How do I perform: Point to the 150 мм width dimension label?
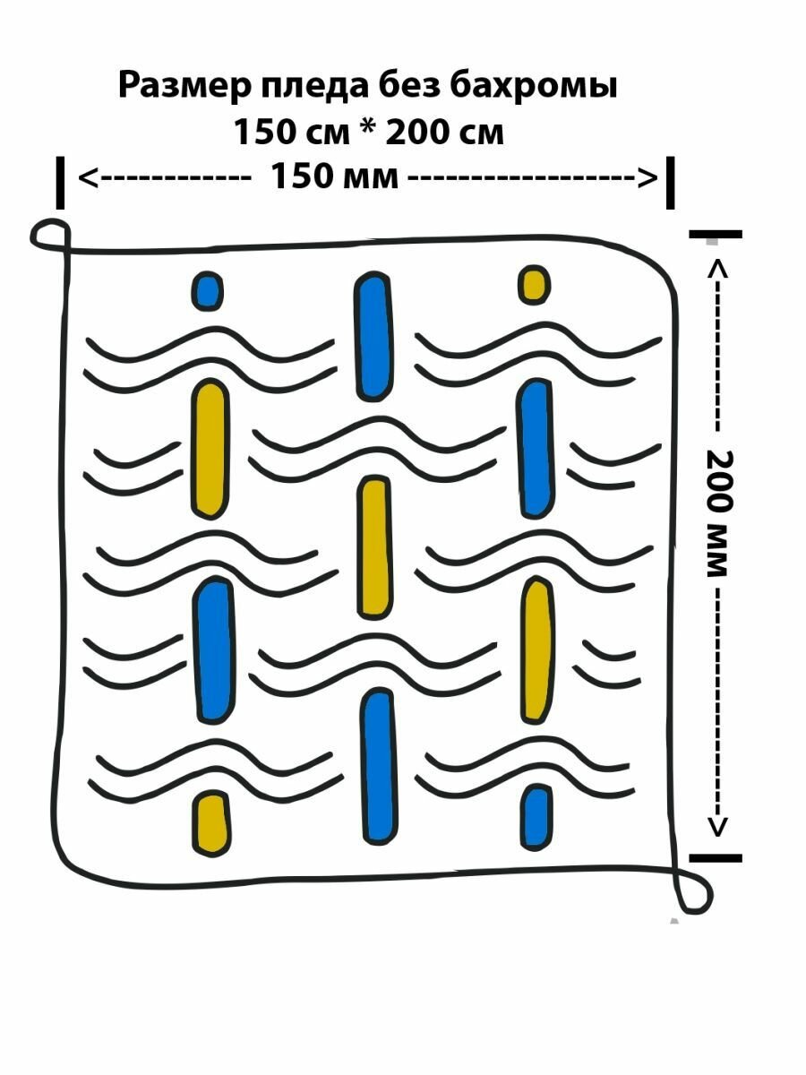coord(333,176)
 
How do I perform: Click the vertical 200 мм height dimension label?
coord(721,512)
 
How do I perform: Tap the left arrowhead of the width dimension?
coord(88,176)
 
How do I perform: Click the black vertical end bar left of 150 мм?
coord(60,183)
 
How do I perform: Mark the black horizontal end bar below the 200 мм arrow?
coord(716,858)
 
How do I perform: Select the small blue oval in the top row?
coord(207,291)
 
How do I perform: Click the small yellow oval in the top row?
coord(534,284)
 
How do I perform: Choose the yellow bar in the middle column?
coord(374,547)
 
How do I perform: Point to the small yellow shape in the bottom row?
coord(212,822)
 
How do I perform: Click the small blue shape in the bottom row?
coord(536,816)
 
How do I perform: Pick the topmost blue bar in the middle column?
coord(373,335)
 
